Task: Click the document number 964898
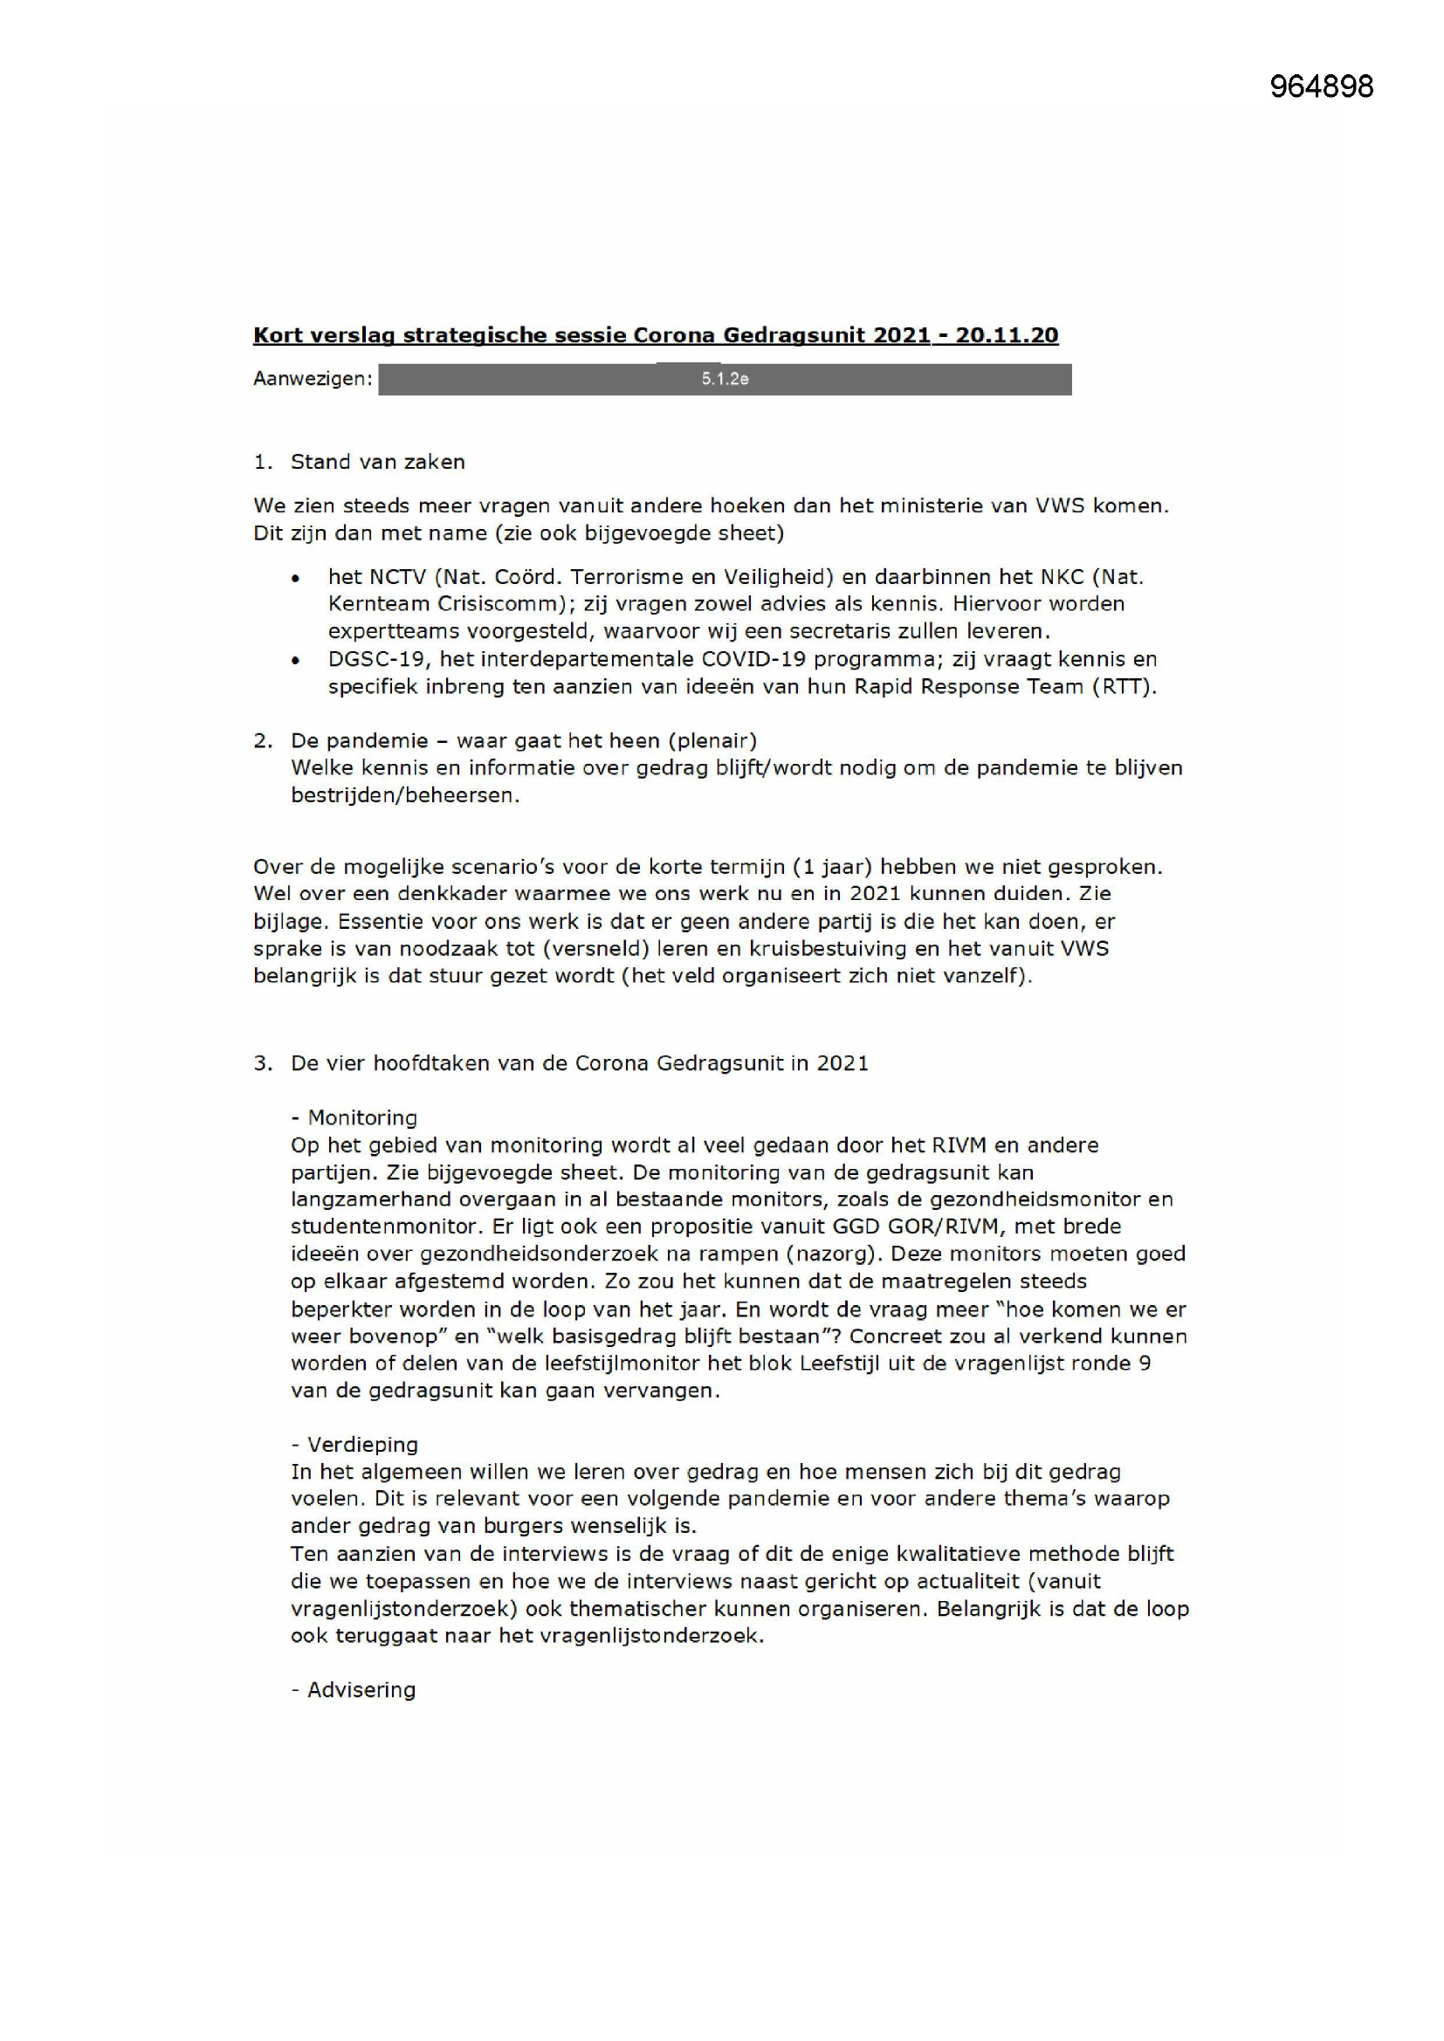(x=1320, y=86)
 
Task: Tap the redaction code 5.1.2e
(x=725, y=379)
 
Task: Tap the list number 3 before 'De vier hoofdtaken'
(x=261, y=1063)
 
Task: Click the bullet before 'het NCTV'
(x=295, y=578)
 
